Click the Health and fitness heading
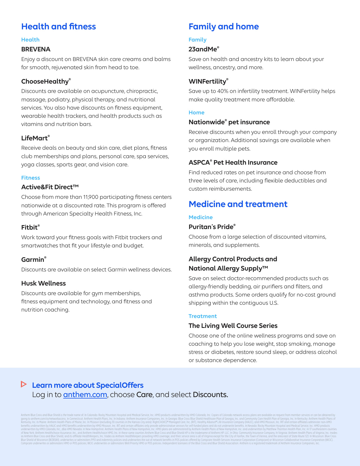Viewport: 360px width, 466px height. [x=58, y=27]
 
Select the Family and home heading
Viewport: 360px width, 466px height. [x=224, y=27]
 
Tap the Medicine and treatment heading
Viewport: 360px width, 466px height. [x=238, y=204]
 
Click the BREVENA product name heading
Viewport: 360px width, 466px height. [x=36, y=49]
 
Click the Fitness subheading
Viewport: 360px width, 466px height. [x=30, y=178]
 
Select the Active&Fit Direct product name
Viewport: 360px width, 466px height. [x=50, y=187]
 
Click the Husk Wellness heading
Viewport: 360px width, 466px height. [x=43, y=283]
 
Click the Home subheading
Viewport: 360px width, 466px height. [x=196, y=112]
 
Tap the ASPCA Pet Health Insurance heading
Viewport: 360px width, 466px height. [x=233, y=162]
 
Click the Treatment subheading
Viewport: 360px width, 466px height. [x=202, y=316]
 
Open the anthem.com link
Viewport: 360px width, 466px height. [x=85, y=395]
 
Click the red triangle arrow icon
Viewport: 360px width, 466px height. [x=24, y=384]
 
